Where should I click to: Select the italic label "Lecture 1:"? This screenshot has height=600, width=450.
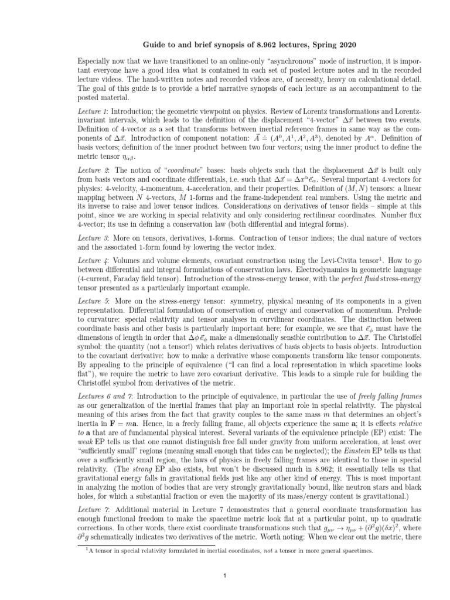click(93, 110)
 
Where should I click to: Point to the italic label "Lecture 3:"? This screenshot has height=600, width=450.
click(93, 239)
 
